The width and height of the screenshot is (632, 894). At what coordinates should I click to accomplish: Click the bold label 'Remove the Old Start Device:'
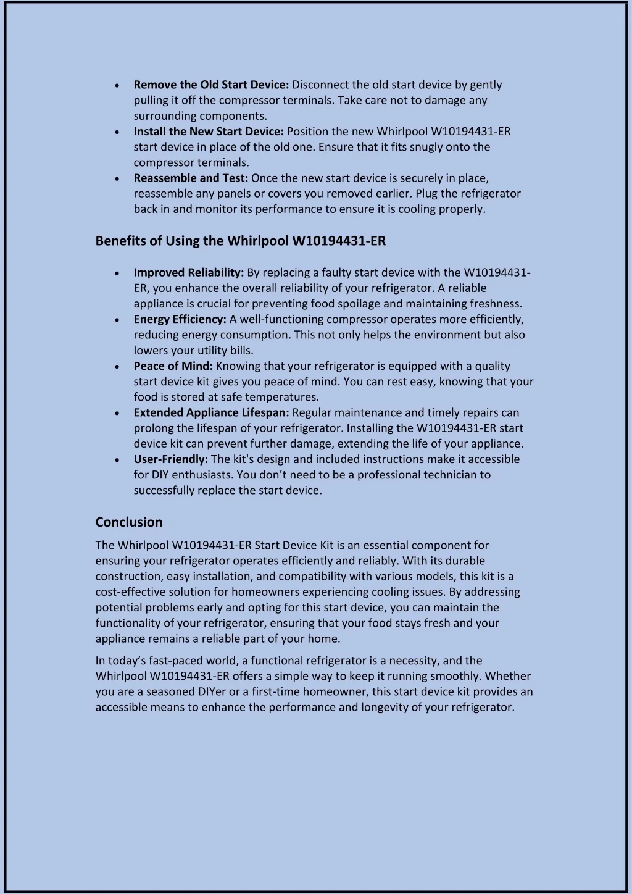[211, 85]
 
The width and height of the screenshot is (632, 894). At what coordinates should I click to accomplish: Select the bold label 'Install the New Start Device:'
[209, 132]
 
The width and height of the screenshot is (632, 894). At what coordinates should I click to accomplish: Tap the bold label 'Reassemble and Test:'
[191, 178]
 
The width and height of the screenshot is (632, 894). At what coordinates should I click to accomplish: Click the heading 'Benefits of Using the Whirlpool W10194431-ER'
[240, 241]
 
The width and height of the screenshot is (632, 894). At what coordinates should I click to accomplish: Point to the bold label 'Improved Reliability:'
[189, 272]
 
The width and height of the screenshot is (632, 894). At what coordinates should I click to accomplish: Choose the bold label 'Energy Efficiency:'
[180, 319]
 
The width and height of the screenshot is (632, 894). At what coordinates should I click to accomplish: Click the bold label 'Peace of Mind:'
[173, 366]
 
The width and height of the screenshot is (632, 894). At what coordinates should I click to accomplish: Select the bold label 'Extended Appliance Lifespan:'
[211, 412]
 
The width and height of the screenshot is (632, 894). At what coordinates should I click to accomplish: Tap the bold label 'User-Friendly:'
[170, 459]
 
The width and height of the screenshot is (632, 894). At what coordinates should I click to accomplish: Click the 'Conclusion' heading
[128, 522]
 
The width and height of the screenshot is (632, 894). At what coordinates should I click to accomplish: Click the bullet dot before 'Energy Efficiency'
[117, 320]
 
